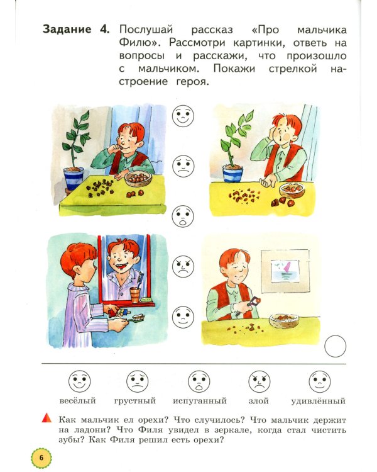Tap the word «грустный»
click(135, 400)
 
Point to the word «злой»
click(258, 400)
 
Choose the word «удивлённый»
click(318, 400)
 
